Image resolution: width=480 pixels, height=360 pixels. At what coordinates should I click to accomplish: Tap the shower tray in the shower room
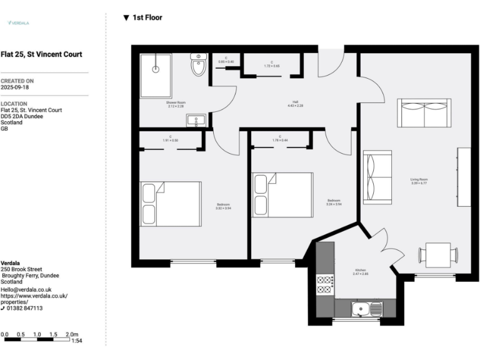coord(156,75)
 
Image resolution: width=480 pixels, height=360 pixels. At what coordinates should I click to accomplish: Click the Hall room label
coord(296,104)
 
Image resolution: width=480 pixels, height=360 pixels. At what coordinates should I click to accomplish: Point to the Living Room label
coord(419,181)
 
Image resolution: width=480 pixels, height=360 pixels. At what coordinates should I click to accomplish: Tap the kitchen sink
coord(367,308)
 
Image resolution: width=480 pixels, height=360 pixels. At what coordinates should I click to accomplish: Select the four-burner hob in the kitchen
coord(325,284)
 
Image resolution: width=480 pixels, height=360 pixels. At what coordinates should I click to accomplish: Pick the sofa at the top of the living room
coord(424,113)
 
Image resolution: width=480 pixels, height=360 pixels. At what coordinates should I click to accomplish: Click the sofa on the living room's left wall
coord(377,177)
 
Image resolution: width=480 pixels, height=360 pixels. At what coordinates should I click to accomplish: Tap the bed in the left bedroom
coord(171,204)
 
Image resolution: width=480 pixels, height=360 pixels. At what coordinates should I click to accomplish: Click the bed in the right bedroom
coord(282,194)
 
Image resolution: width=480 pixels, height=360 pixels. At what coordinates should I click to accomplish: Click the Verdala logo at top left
coord(19,23)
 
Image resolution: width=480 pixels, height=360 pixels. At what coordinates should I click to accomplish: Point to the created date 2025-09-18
coord(14,87)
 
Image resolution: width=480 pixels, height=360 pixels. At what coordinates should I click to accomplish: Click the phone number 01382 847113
coord(25,308)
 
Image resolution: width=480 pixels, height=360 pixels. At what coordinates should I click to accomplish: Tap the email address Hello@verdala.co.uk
coord(26,289)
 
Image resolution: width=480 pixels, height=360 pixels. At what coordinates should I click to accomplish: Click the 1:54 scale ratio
coord(76,341)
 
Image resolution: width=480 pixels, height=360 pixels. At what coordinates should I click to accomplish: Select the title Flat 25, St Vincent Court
coord(41,54)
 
